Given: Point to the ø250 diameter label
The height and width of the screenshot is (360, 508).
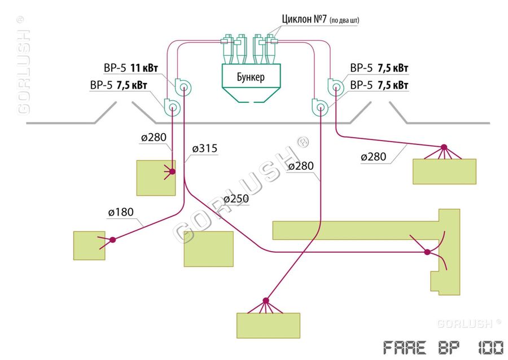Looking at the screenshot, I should [x=236, y=199].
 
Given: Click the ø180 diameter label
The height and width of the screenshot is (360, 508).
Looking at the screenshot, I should [x=121, y=212].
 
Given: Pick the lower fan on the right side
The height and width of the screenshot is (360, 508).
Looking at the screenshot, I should [x=319, y=106].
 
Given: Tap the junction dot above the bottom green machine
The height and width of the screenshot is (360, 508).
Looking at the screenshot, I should [x=266, y=300].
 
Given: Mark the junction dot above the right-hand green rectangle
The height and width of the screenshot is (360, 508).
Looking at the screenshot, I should [x=444, y=147].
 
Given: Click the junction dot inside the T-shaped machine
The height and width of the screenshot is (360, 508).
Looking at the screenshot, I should [x=427, y=252].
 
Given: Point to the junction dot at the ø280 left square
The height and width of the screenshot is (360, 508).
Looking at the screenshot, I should [x=172, y=172].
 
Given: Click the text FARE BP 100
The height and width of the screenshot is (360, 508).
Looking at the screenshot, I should [x=443, y=347].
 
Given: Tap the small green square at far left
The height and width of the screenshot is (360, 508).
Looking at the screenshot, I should [x=89, y=245].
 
